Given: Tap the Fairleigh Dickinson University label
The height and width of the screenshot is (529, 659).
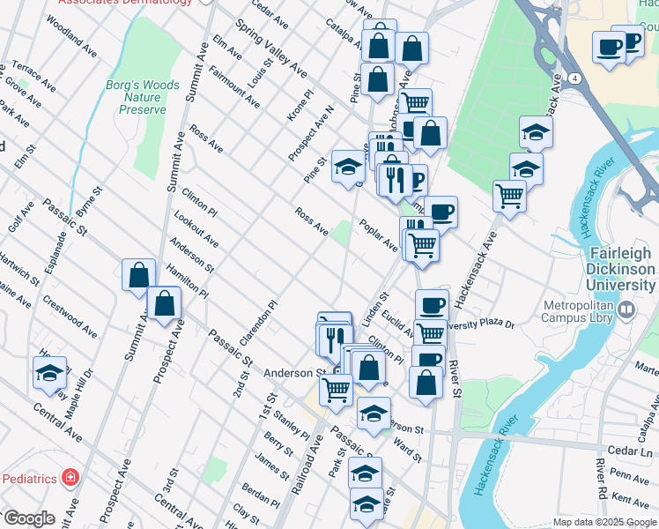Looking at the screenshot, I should coord(622,268).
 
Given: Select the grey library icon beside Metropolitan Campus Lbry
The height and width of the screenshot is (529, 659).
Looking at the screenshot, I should coord(626,309).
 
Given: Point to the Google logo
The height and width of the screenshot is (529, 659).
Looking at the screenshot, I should coord(29,518).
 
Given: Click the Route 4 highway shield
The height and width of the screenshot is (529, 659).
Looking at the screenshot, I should coord(574,78).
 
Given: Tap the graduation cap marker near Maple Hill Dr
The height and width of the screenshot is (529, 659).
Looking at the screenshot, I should coord(49,373).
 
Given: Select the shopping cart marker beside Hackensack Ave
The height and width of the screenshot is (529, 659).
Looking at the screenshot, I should coord(509,195).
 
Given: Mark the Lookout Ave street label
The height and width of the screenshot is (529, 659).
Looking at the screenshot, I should coord(196,228).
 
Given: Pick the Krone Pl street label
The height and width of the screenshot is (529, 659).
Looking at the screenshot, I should coord(300,104).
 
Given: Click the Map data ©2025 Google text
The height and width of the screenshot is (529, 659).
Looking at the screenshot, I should coord(604,522).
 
